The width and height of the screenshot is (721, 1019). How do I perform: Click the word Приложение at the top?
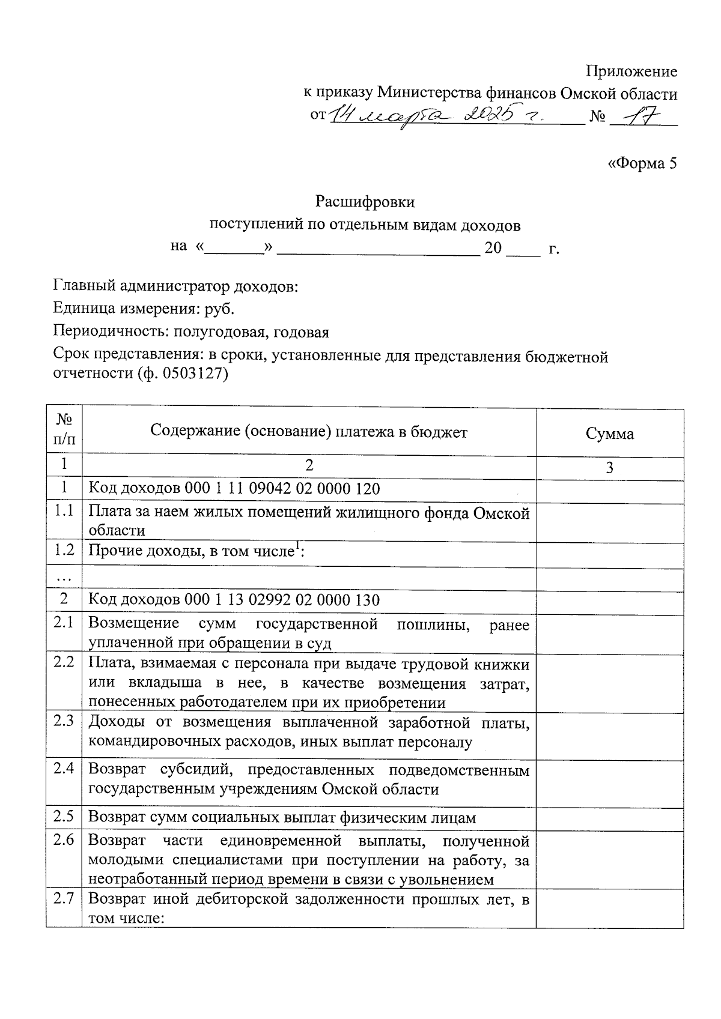click(631, 72)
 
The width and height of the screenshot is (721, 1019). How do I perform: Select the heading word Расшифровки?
click(365, 202)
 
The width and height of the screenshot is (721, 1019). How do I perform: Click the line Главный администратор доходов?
click(175, 286)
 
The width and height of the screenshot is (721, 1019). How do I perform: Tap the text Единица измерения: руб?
click(144, 309)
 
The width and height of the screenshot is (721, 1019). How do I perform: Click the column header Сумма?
click(609, 434)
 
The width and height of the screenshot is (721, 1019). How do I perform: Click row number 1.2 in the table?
click(64, 550)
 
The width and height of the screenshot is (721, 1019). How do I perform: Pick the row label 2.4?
click(64, 768)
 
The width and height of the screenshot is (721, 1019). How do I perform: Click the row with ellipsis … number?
click(63, 578)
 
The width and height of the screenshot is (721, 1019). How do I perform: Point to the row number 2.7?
click(64, 899)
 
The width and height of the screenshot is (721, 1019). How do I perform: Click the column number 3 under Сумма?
click(609, 468)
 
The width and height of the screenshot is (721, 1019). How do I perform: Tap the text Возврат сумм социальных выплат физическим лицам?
click(282, 818)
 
